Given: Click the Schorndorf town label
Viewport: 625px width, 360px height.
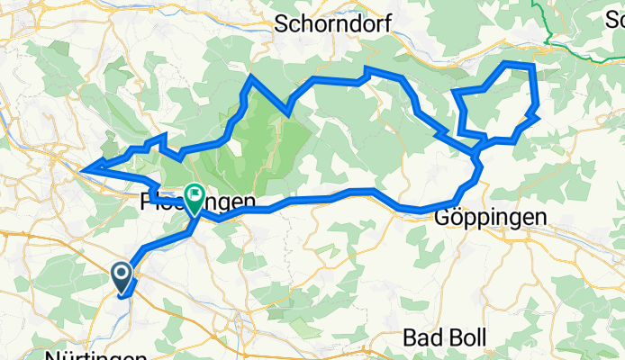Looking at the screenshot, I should [334, 24].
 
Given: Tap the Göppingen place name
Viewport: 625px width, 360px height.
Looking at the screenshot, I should [491, 218].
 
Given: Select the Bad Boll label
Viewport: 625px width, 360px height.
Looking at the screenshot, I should [445, 337].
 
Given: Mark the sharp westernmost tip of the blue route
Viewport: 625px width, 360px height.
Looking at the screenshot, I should [82, 168].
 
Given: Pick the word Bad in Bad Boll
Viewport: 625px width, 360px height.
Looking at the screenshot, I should [421, 337].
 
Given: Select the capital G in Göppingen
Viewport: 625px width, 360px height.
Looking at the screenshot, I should [443, 218].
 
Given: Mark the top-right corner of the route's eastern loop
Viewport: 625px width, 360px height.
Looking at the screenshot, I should [533, 66].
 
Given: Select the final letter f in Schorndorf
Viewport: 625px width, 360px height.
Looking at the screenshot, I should [386, 24].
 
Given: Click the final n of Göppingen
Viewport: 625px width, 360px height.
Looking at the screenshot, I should [540, 218].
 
